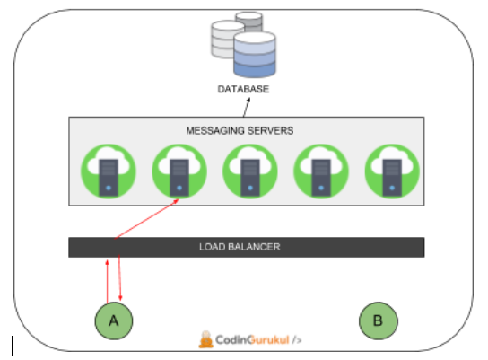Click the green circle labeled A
[114, 320]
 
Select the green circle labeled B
[377, 320]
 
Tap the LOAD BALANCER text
[246, 247]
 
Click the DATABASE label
[243, 90]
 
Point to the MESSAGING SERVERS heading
[240, 130]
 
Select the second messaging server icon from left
[178, 171]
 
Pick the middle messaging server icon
[248, 171]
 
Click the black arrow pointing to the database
[247, 107]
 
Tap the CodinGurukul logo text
[254, 340]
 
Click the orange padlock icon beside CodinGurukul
[206, 339]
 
